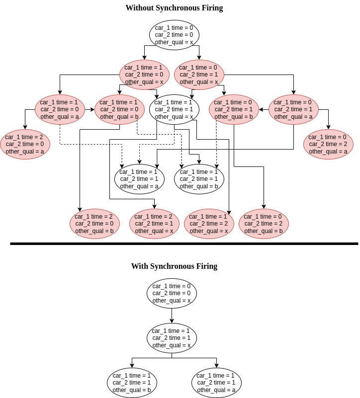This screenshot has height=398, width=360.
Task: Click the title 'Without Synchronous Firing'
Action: pyautogui.click(x=174, y=8)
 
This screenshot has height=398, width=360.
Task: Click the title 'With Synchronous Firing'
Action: pyautogui.click(x=174, y=266)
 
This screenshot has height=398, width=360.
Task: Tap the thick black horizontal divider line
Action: pyautogui.click(x=184, y=243)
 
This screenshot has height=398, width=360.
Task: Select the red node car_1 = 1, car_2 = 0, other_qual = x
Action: pyautogui.click(x=144, y=75)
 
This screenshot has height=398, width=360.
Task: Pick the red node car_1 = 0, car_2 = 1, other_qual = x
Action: pyautogui.click(x=199, y=75)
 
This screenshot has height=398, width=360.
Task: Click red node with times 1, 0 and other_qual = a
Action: pyautogui.click(x=60, y=109)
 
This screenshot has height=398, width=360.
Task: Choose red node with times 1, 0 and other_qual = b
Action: pyautogui.click(x=119, y=109)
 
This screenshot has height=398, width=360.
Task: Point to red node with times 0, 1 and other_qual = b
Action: pyautogui.click(x=234, y=109)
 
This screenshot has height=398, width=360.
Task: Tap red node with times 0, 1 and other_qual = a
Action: pyautogui.click(x=293, y=109)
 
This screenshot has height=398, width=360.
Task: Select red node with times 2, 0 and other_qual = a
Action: pyautogui.click(x=25, y=144)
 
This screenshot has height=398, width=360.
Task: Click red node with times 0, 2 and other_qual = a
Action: pyautogui.click(x=328, y=144)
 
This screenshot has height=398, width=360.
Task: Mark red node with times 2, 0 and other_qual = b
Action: pyautogui.click(x=94, y=224)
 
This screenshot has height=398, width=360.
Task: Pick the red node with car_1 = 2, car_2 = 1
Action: pyautogui.click(x=154, y=224)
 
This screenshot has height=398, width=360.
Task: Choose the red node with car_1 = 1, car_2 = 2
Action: pyautogui.click(x=209, y=224)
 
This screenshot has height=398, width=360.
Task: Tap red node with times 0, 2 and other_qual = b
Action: pyautogui.click(x=264, y=224)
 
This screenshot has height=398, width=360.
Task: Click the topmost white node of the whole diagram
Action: pyautogui.click(x=174, y=35)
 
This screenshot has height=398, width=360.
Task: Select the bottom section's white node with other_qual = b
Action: pyautogui.click(x=132, y=383)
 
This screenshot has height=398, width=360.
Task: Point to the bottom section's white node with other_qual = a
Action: pyautogui.click(x=216, y=383)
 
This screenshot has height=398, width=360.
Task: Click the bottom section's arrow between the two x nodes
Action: pyautogui.click(x=172, y=316)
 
